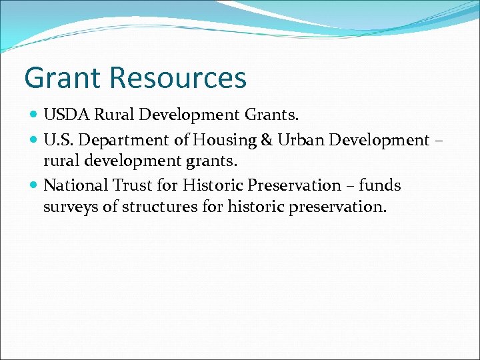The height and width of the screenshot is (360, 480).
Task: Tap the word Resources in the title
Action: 179,78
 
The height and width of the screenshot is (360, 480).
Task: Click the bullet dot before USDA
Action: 35,115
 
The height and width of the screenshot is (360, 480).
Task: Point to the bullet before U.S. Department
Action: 35,141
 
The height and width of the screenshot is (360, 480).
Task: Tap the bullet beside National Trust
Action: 35,185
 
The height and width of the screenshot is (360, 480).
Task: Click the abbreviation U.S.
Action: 58,141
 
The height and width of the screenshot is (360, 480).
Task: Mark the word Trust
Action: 132,185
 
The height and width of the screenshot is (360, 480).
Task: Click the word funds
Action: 380,185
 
